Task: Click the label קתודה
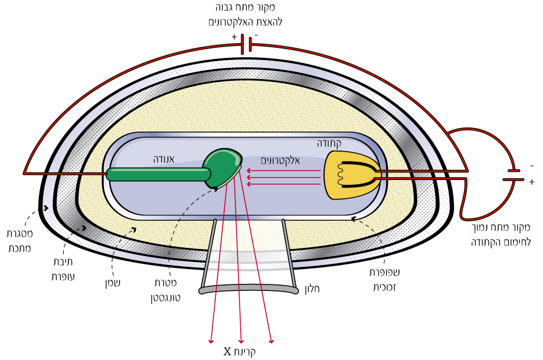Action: click(x=329, y=143)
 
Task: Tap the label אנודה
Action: click(x=164, y=159)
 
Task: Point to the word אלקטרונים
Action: click(x=280, y=161)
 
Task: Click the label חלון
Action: click(x=312, y=289)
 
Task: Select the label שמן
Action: click(x=113, y=283)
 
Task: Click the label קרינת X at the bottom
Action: click(x=239, y=352)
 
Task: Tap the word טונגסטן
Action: click(x=165, y=297)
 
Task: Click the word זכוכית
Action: click(x=384, y=287)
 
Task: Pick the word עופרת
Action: click(x=63, y=277)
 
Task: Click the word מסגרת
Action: click(x=19, y=234)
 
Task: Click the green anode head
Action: click(x=223, y=167)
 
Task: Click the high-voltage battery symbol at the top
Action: click(x=246, y=44)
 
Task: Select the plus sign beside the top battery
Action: click(x=234, y=37)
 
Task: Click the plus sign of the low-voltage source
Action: click(x=532, y=181)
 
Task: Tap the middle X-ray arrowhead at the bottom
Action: click(x=241, y=341)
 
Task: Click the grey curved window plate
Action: click(x=248, y=289)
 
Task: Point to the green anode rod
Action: click(x=158, y=174)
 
